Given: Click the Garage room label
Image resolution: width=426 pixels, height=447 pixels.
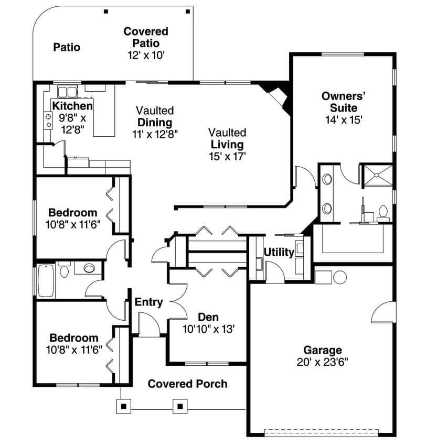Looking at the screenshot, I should [x=323, y=350].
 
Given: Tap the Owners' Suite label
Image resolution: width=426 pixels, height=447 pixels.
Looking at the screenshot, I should [x=344, y=102].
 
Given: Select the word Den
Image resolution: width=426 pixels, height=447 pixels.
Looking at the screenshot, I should [x=208, y=318].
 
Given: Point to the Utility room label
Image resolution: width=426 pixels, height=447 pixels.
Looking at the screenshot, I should [x=279, y=252].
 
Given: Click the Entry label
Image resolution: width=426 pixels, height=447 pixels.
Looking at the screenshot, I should [x=149, y=302].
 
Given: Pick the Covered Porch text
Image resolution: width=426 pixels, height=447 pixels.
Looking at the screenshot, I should [x=187, y=384].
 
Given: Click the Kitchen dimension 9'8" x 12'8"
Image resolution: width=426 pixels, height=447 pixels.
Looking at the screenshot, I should [x=72, y=123].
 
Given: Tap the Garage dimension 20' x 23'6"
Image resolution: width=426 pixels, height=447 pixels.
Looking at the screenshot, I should [x=323, y=362].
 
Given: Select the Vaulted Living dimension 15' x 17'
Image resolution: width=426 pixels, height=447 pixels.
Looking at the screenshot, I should [x=227, y=156].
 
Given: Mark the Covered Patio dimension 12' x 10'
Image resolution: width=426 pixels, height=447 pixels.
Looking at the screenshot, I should [x=146, y=55].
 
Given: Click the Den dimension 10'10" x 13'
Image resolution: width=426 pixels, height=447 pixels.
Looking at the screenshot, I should [x=208, y=330].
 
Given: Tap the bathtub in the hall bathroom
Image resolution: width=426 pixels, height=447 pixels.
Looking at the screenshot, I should [x=46, y=280].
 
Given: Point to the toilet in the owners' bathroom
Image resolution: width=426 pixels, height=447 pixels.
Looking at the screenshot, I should [x=382, y=212].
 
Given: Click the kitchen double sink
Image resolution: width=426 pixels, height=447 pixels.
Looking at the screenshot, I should [x=67, y=92].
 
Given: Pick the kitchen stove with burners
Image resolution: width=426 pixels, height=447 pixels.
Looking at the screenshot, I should [x=48, y=121].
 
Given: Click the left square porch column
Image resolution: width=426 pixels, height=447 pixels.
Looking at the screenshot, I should [x=124, y=406].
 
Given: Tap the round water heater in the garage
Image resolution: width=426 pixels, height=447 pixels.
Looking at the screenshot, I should [x=339, y=276].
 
